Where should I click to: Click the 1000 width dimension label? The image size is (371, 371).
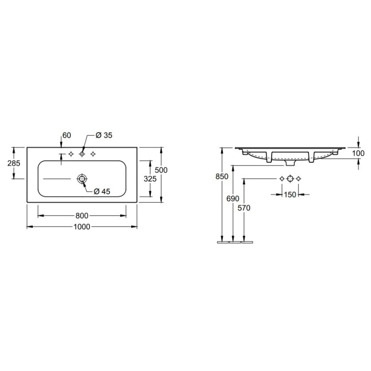pyautogui.click(x=82, y=227)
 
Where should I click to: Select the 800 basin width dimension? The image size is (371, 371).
pyautogui.click(x=82, y=216)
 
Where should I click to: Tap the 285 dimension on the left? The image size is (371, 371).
pyautogui.click(x=14, y=163)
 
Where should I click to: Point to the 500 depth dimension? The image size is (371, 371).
pyautogui.click(x=161, y=170)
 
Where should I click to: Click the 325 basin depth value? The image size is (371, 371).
pyautogui.click(x=150, y=179)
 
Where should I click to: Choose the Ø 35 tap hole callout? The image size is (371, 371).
pyautogui.click(x=104, y=135)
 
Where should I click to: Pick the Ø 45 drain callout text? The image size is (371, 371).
pyautogui.click(x=102, y=191)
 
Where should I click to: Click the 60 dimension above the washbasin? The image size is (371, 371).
pyautogui.click(x=67, y=135)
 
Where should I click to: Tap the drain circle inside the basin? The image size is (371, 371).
pyautogui.click(x=82, y=179)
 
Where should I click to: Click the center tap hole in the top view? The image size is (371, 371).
pyautogui.click(x=82, y=154)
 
